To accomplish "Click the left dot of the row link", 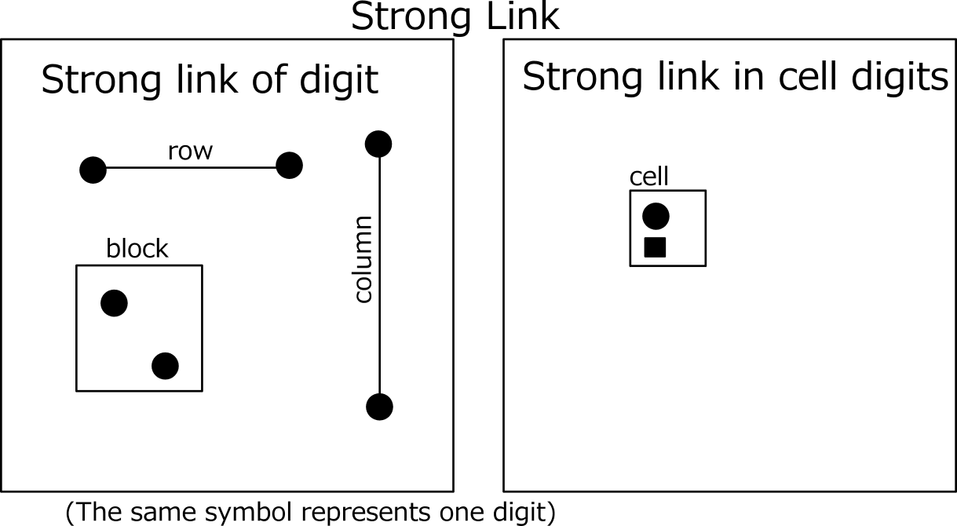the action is click(x=93, y=170).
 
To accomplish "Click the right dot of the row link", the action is click(x=289, y=166).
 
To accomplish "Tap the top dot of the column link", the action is click(x=378, y=144).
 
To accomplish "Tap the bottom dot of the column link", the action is click(x=379, y=407).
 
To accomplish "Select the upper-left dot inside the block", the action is click(x=114, y=303).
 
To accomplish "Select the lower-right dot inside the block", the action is click(x=166, y=366).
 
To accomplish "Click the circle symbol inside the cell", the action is click(x=656, y=216).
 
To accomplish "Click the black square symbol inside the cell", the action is click(x=655, y=247).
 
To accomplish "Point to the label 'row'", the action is click(x=190, y=152).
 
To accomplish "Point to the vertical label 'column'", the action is click(x=364, y=260).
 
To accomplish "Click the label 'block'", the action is click(x=137, y=248).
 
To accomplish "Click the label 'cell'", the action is click(x=649, y=177).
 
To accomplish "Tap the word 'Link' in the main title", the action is click(x=523, y=16).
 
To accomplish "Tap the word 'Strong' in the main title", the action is click(x=411, y=18).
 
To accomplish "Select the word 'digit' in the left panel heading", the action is click(x=339, y=81).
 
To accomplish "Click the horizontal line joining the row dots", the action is click(x=191, y=167).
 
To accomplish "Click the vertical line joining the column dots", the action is click(x=379, y=276).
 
